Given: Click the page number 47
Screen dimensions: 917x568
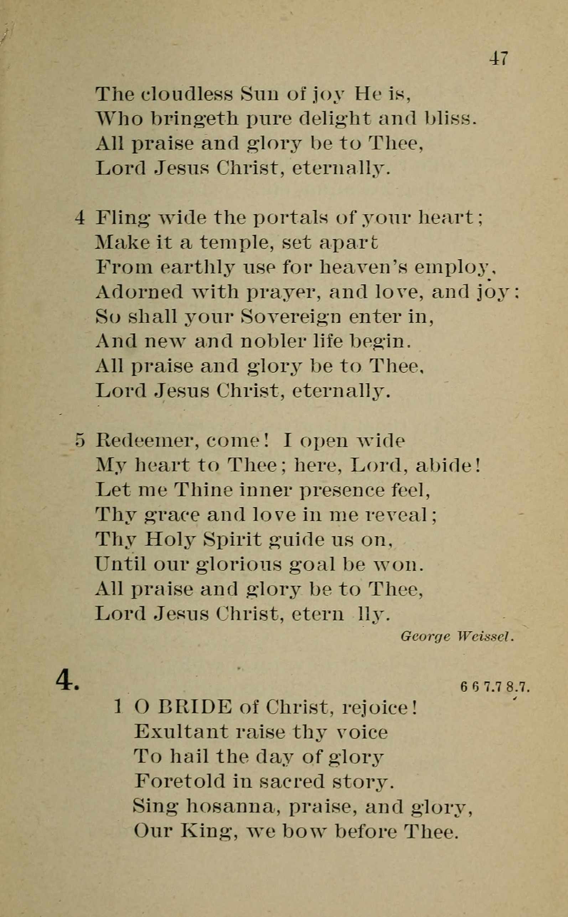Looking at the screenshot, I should (499, 59).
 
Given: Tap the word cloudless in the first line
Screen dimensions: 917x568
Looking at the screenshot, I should (187, 95).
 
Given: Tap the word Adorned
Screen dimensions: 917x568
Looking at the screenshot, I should (139, 292).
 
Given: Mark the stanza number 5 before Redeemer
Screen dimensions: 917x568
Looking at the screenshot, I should (80, 440).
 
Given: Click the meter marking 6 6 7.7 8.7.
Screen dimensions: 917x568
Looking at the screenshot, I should (494, 687).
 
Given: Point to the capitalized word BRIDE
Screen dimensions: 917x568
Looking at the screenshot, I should (195, 707).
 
